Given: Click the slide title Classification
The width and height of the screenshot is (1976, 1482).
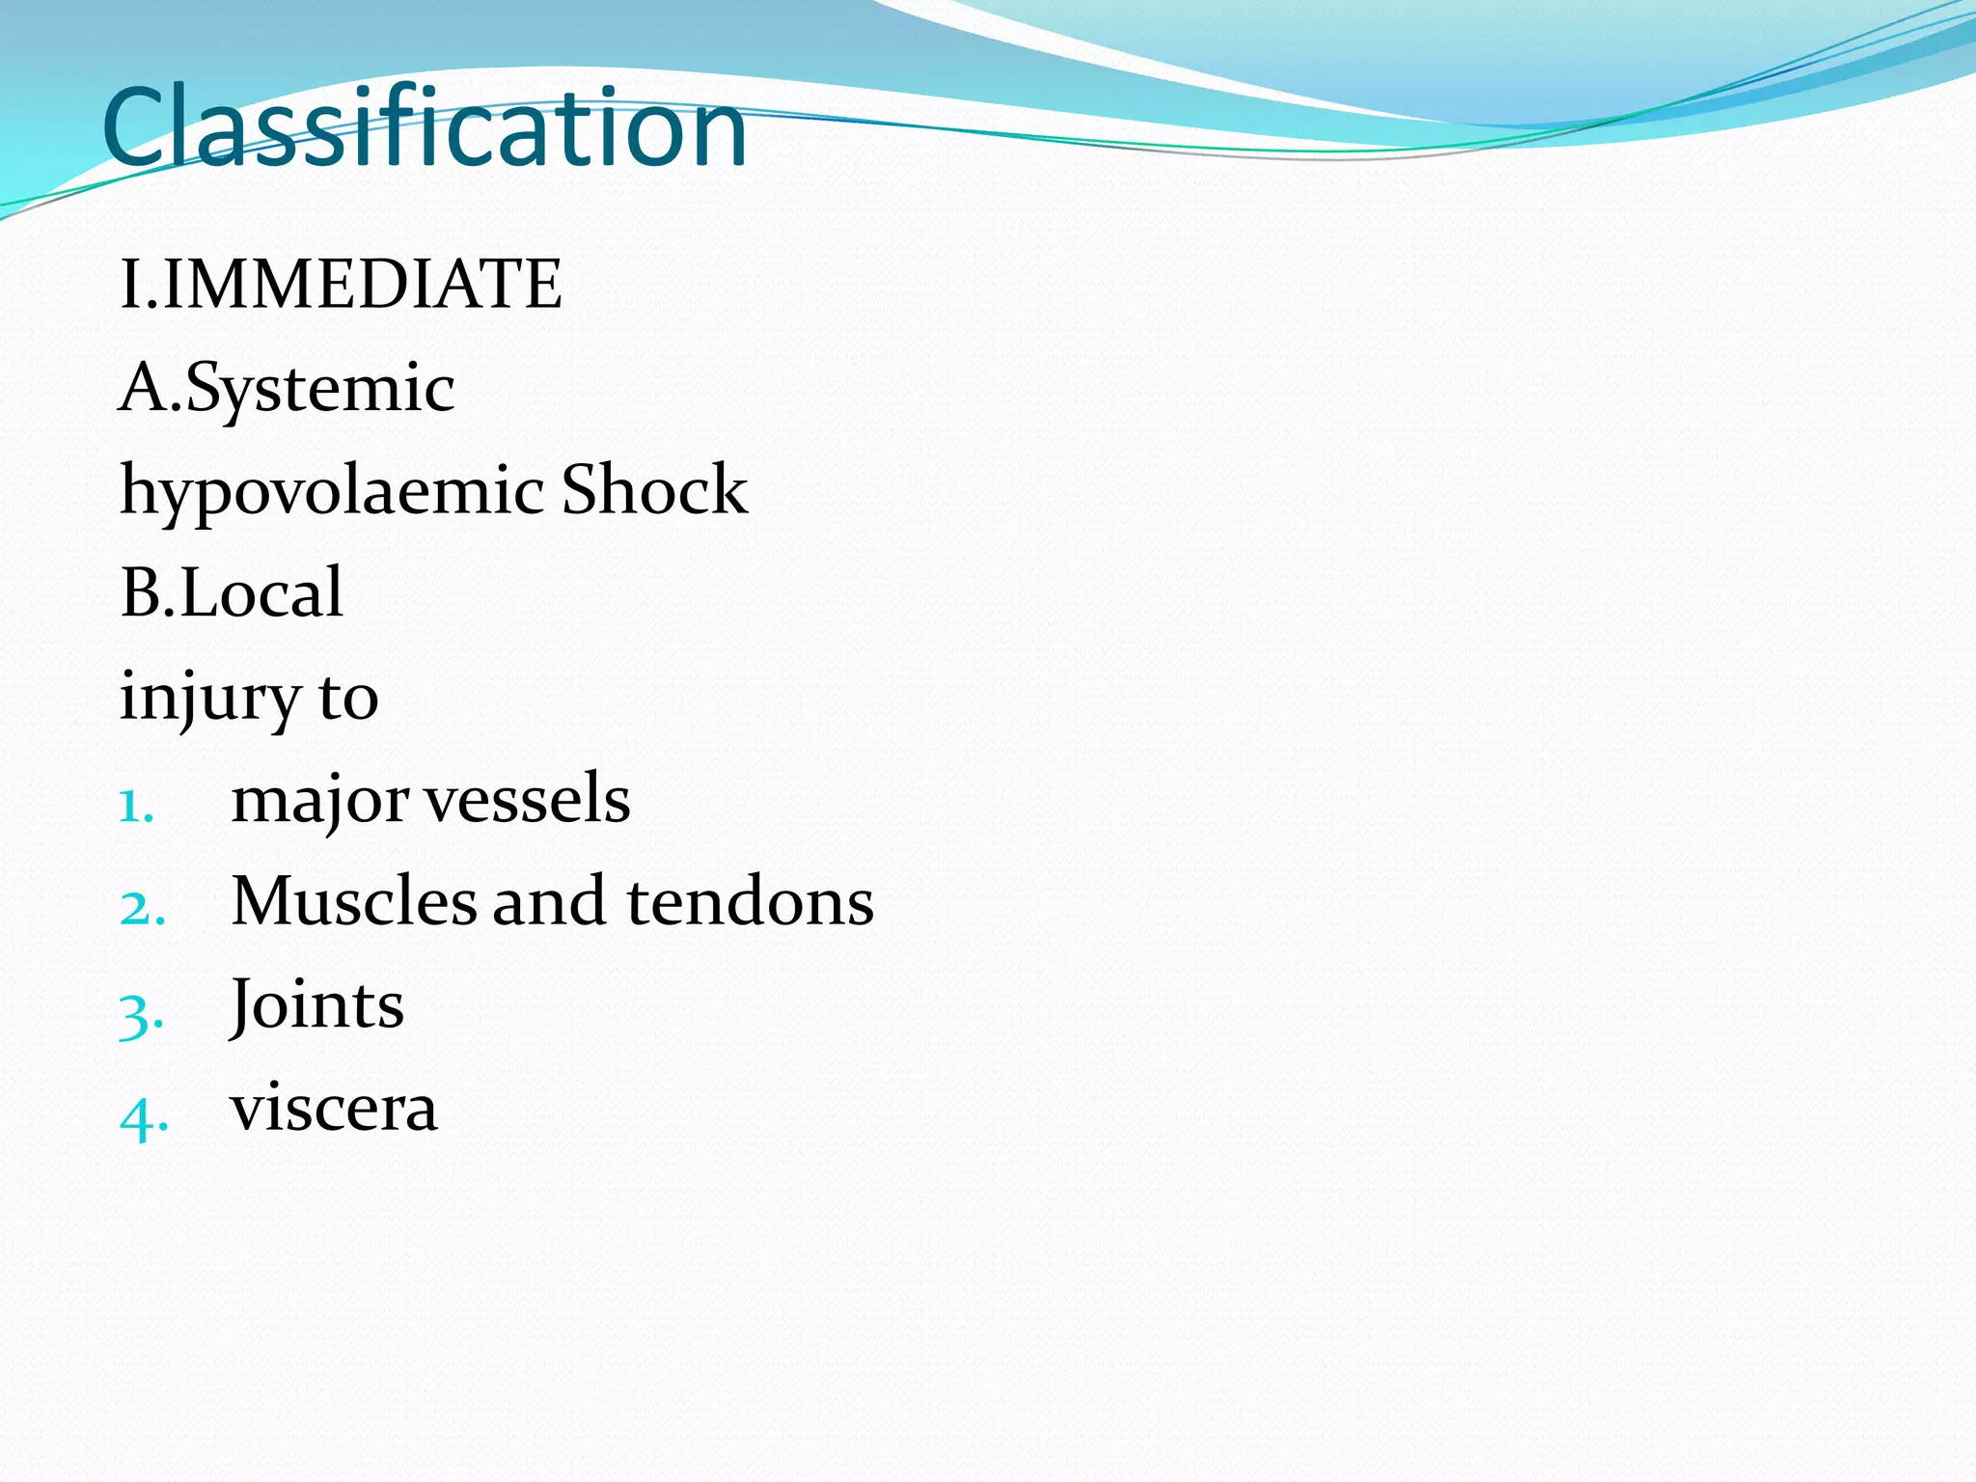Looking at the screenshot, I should click(425, 127).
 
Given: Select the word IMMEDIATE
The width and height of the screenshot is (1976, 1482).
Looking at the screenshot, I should click(362, 285).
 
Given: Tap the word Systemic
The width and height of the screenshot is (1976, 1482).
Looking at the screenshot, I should click(319, 388).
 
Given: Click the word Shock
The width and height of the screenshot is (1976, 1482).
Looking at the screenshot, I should click(653, 490).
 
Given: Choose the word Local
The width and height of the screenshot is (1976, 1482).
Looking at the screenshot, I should click(261, 592).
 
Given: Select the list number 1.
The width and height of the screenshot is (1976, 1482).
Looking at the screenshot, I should click(136, 806).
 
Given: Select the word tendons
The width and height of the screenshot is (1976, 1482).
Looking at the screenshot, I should click(750, 903).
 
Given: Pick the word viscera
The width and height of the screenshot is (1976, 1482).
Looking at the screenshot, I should click(334, 1110).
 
